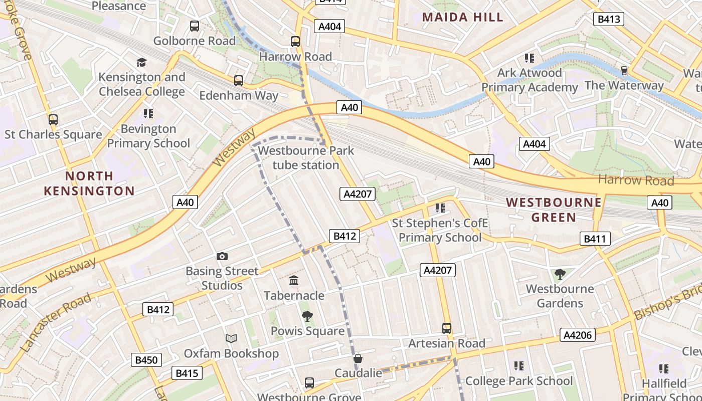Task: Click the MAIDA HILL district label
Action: tap(462, 17)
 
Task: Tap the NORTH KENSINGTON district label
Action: tap(89, 183)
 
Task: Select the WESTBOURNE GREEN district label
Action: tap(554, 210)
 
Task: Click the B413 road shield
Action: tap(609, 20)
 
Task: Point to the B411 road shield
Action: tap(595, 239)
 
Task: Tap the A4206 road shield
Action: tap(578, 335)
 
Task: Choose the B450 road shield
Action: tap(146, 360)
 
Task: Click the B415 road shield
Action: tap(188, 373)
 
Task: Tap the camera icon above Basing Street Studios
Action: tap(222, 257)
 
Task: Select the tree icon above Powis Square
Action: tap(307, 316)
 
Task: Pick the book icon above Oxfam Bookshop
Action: tap(231, 339)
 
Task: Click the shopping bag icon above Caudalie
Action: tap(358, 359)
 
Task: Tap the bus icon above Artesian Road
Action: tap(447, 328)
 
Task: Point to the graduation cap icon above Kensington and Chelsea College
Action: tap(141, 63)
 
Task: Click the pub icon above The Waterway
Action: tap(624, 71)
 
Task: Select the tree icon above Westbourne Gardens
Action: tap(560, 274)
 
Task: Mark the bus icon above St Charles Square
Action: tap(53, 120)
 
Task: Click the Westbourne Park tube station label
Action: tap(306, 157)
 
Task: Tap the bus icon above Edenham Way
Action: tap(239, 80)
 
